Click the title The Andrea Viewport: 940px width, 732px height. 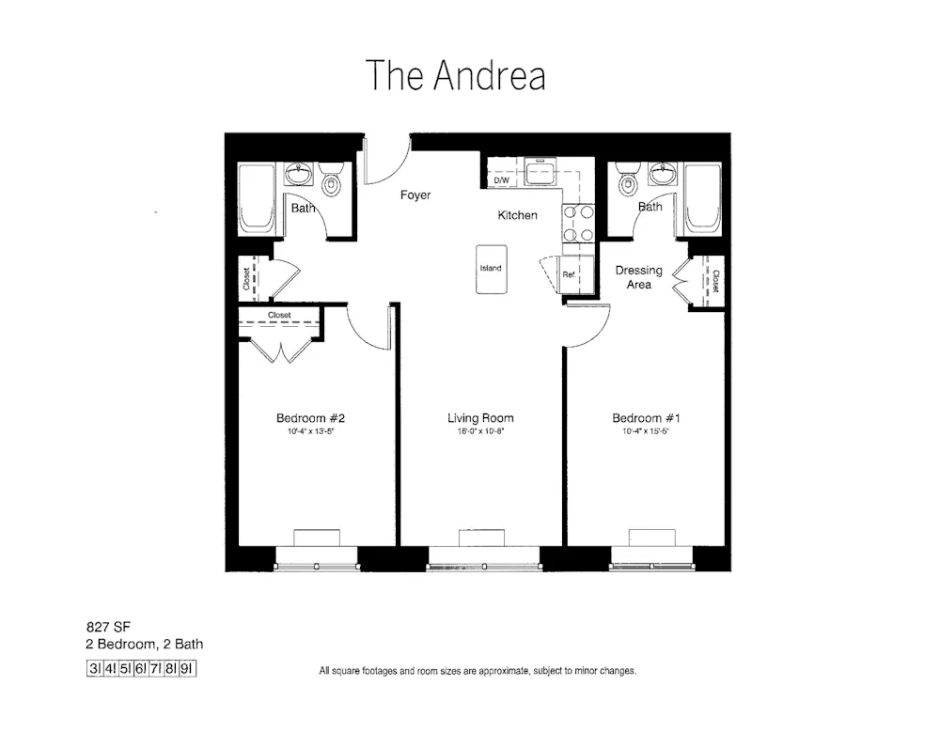point(456,76)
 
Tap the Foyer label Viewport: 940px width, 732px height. point(415,195)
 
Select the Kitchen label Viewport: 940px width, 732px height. point(518,215)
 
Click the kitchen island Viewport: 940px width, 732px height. point(491,269)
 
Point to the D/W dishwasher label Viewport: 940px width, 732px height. point(501,179)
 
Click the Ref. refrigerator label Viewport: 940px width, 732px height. point(569,274)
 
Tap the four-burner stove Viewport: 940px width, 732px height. point(578,224)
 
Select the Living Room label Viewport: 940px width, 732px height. point(480,418)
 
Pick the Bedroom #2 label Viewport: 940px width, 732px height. point(313,418)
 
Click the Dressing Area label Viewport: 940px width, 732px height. point(639,277)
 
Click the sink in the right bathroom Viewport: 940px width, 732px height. point(662,175)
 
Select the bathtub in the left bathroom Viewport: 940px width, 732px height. point(256,199)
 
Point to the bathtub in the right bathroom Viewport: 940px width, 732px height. point(700,199)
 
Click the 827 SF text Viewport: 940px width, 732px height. point(104,628)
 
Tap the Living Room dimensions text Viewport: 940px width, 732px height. point(480,433)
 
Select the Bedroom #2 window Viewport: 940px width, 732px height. point(317,566)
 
